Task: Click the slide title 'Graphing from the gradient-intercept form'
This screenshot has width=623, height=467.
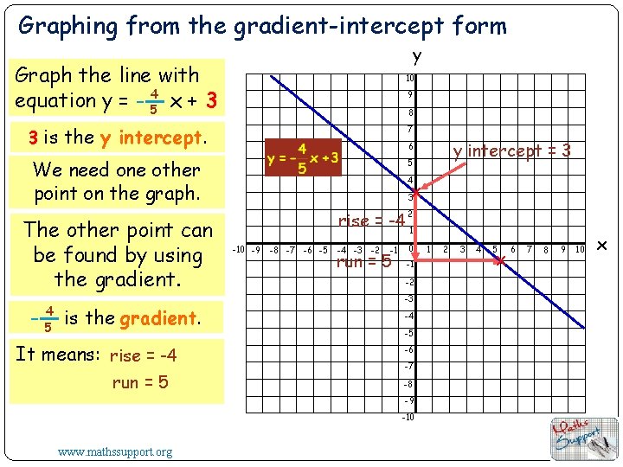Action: [x=262, y=26]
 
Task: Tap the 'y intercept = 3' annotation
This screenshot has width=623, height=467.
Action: [x=512, y=151]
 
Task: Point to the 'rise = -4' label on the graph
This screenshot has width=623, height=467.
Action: [x=371, y=221]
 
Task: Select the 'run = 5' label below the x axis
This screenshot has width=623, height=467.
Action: [x=363, y=261]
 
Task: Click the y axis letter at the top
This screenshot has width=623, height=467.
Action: [x=416, y=57]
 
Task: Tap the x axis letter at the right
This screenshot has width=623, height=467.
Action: [x=603, y=248]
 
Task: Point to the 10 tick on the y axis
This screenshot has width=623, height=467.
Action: [x=410, y=79]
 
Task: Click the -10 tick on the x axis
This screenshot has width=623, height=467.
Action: [x=240, y=251]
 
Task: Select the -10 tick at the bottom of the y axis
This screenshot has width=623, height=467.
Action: [x=408, y=418]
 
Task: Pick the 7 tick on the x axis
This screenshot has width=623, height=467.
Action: [x=528, y=250]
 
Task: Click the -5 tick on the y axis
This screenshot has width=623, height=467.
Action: [x=408, y=333]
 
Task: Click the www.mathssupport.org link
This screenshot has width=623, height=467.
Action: [x=114, y=451]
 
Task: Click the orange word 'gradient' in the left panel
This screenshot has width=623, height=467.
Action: [x=160, y=318]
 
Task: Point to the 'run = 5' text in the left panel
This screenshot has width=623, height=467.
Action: [x=140, y=382]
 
